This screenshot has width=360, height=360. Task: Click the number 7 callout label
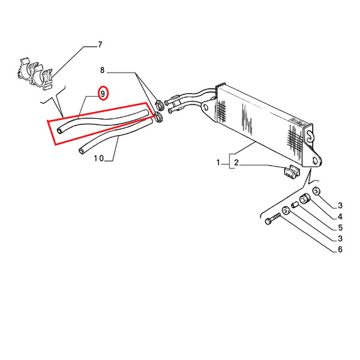pos(100,44)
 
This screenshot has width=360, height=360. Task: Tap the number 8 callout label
pos(102,70)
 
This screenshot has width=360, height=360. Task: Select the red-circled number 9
pos(103,94)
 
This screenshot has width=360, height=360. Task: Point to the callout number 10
pos(99,158)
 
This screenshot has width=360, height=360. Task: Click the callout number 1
pos(218,163)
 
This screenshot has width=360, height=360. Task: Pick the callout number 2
pos(236,163)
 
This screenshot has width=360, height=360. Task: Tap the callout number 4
pos(340,217)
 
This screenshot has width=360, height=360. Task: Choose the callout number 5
pos(340,227)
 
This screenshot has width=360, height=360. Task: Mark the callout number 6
pos(340,250)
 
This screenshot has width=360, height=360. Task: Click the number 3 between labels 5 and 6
pos(340,239)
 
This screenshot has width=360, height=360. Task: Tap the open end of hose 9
pos(59,131)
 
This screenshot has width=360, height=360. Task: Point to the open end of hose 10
pos(82,151)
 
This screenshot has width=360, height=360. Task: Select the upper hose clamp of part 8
pos(160,104)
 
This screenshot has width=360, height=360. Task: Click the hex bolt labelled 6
pos(273,219)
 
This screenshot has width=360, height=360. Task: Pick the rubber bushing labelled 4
pos(305,199)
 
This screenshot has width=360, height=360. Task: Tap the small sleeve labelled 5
pos(295,205)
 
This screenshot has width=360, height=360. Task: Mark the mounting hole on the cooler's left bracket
pos(205,107)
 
